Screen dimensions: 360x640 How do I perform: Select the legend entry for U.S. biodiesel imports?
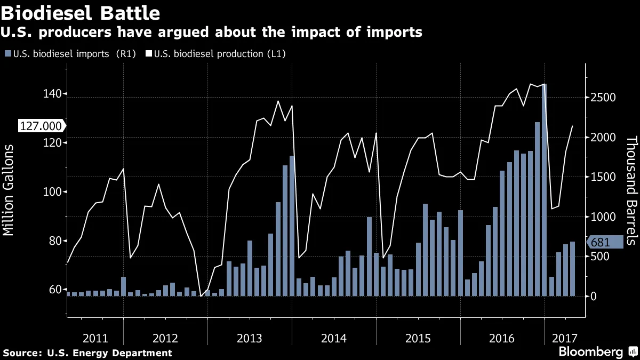(69, 54)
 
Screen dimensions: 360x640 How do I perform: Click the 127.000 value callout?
(41, 126)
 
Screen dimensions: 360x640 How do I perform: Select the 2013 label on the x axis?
(249, 338)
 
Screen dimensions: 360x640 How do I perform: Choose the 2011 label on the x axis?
(95, 338)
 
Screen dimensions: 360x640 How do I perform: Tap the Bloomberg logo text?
(590, 352)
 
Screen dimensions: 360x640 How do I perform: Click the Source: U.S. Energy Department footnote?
(88, 353)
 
